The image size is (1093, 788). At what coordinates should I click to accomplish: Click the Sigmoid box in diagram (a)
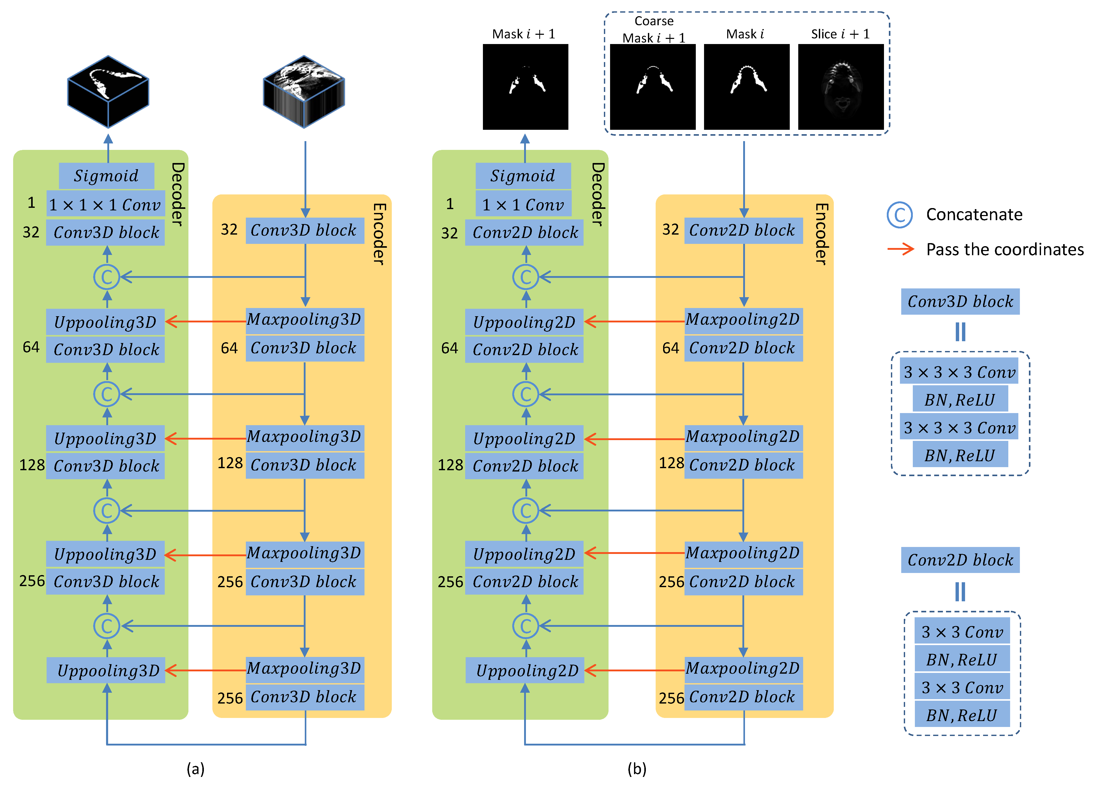107,176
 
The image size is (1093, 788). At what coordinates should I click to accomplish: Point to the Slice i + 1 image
841,87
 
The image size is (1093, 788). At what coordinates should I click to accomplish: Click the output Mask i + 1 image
525,87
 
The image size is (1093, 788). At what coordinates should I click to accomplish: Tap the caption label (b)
637,768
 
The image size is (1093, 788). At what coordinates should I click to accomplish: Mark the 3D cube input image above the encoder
304,92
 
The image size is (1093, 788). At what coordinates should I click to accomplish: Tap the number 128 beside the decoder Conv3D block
32,465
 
